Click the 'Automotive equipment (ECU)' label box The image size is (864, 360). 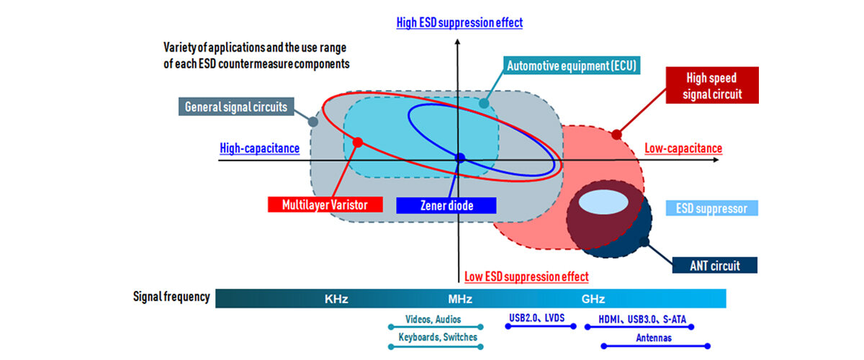[x=573, y=66]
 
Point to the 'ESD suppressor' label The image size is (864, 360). [x=711, y=209]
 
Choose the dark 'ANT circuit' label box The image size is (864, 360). [x=715, y=266]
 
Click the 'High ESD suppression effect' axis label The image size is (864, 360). [x=459, y=22]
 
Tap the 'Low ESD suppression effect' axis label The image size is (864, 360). [x=526, y=276]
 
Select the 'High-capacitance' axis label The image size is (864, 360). [x=259, y=149]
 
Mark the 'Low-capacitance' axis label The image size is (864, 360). [x=683, y=148]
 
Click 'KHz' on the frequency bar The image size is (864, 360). [x=336, y=299]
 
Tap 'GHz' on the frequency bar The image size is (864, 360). [x=593, y=299]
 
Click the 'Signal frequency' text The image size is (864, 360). [x=171, y=297]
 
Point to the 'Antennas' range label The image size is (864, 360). [x=654, y=337]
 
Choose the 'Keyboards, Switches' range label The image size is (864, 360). [x=438, y=337]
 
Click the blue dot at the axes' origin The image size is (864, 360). [x=461, y=158]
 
